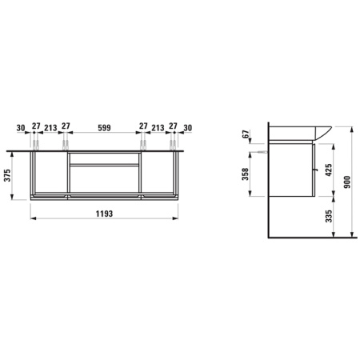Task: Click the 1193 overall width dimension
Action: [104, 214]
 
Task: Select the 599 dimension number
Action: [104, 126]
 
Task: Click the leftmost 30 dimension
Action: [19, 126]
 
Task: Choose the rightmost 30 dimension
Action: [188, 126]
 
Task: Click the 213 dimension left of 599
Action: [50, 126]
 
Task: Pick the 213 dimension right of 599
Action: [158, 126]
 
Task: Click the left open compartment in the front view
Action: [49, 173]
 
